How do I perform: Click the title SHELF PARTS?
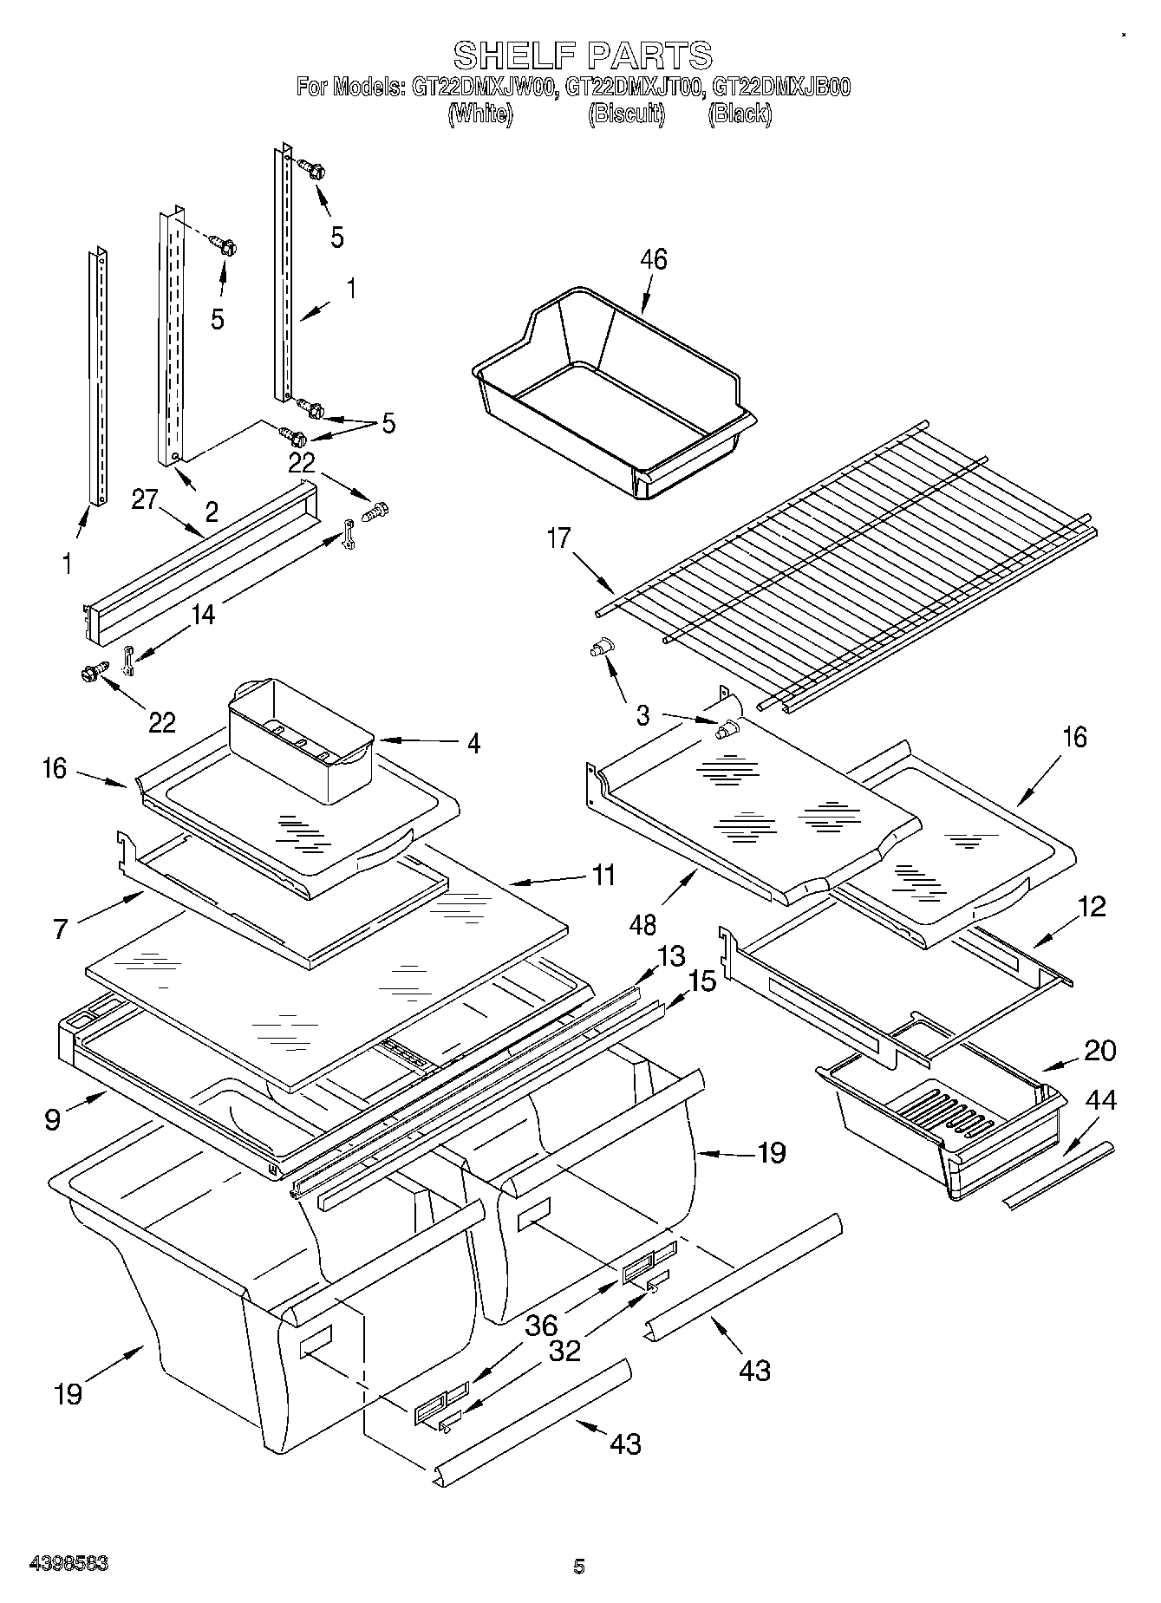tap(583, 55)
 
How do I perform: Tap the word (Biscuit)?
tap(627, 114)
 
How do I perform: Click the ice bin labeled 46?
tap(607, 390)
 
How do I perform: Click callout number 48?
tap(642, 924)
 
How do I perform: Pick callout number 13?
tap(671, 956)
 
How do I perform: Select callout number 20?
tap(1099, 1050)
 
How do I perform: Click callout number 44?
tap(1101, 1100)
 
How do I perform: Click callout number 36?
tap(541, 1326)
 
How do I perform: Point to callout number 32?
tap(564, 1351)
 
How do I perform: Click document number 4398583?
tap(69, 1563)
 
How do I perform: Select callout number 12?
tap(1093, 907)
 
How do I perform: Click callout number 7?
tap(60, 929)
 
